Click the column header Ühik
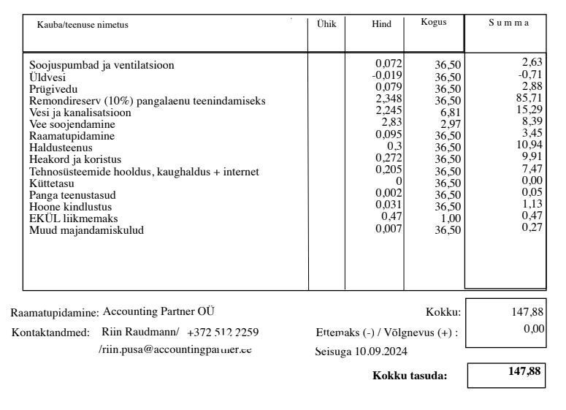(x=326, y=24)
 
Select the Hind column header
(x=381, y=24)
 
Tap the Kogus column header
(x=433, y=23)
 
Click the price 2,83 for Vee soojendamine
(x=391, y=122)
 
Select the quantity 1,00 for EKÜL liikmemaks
(x=450, y=219)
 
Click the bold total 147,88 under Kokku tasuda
(x=524, y=371)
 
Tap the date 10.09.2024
(x=383, y=352)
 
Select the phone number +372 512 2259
(x=223, y=333)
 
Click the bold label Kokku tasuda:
(x=409, y=376)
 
